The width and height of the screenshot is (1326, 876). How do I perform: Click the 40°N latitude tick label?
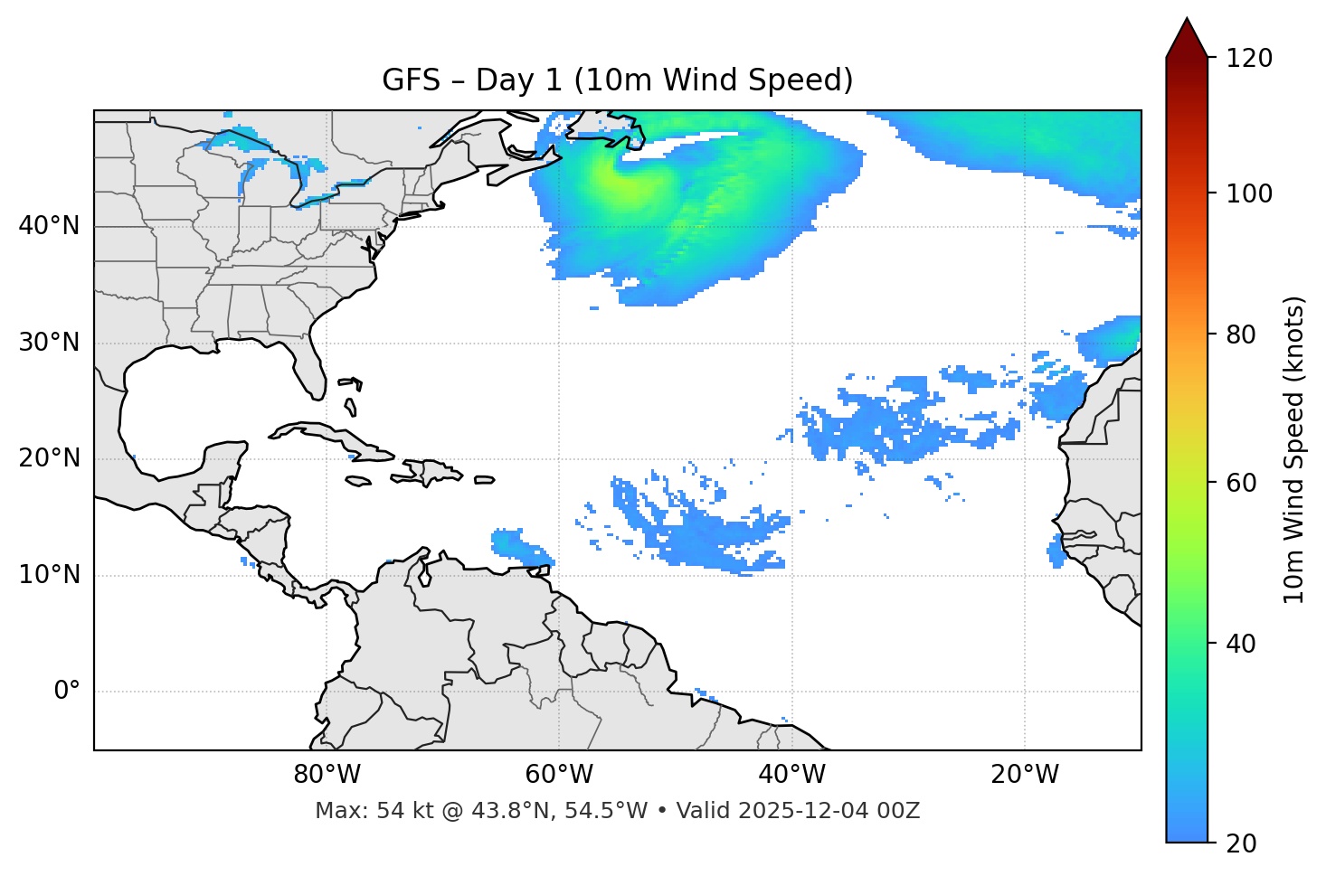[x=49, y=226]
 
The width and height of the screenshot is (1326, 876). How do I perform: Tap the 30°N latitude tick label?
[x=49, y=343]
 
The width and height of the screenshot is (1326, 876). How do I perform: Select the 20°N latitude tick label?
[x=49, y=458]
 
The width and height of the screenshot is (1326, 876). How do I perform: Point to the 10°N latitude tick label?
[x=49, y=575]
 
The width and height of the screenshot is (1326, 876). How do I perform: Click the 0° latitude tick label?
[x=67, y=692]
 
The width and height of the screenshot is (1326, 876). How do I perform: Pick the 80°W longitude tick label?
[x=327, y=775]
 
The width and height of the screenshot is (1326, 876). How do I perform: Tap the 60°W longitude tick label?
[x=559, y=775]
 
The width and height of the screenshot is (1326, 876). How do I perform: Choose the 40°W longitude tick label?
[x=791, y=775]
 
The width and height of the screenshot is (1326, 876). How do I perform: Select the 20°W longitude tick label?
[x=1024, y=775]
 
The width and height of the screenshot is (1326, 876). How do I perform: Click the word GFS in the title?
[x=411, y=80]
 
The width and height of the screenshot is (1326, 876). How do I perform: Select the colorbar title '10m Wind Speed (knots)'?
[x=1294, y=449]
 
